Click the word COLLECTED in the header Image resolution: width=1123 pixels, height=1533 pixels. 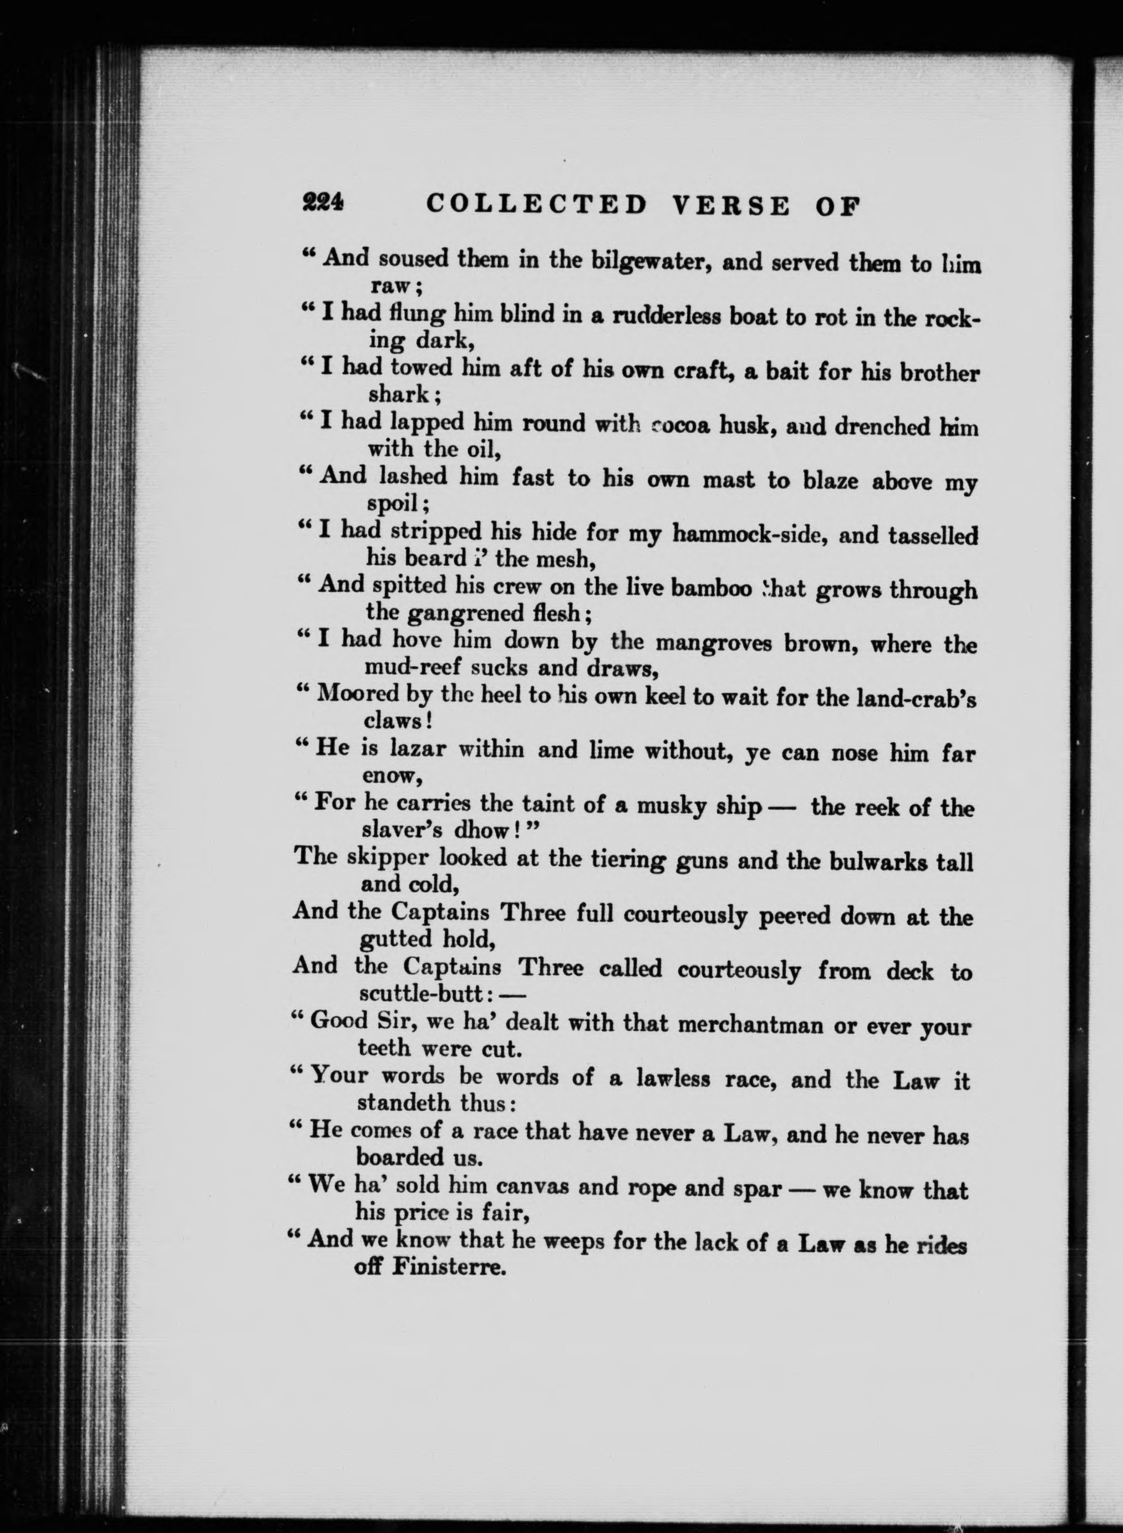pos(536,204)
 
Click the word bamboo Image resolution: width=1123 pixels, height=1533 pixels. pos(710,588)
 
